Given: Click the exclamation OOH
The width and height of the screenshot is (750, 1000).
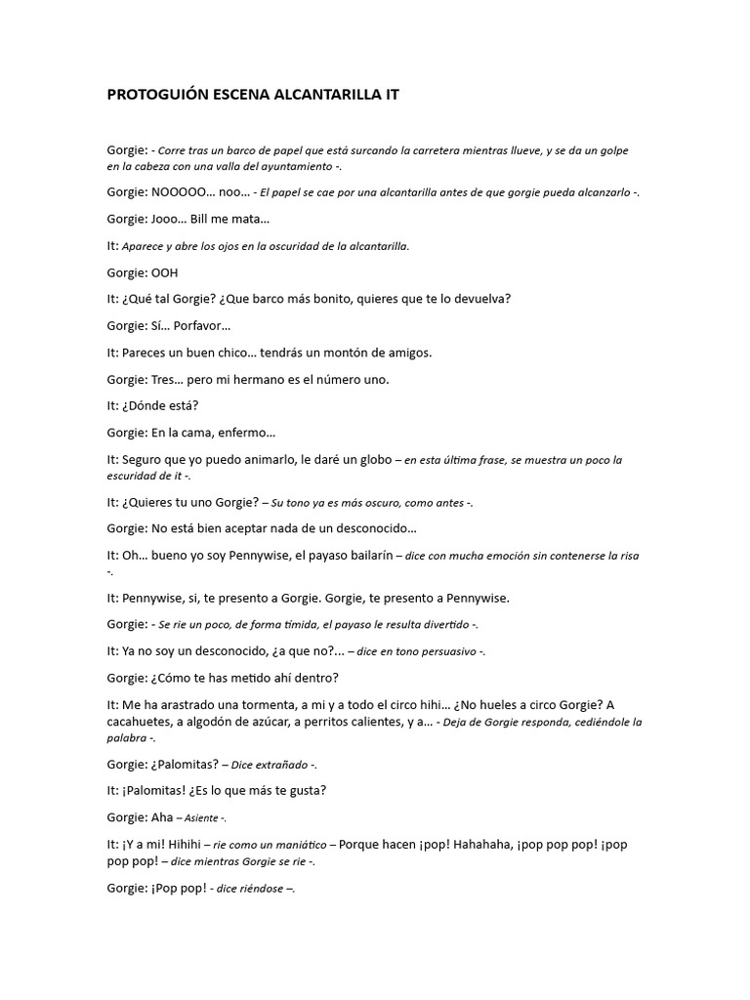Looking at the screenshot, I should [165, 272].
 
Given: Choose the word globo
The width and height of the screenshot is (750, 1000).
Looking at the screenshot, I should [377, 459].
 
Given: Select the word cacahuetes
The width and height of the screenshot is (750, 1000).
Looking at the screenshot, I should [141, 722].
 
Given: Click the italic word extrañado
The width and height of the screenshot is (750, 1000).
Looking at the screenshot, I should [279, 765].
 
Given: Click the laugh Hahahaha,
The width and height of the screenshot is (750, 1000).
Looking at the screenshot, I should [472, 844].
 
